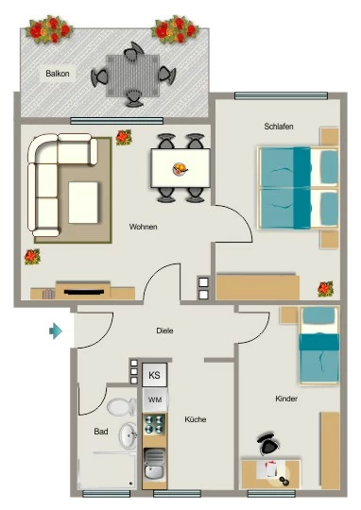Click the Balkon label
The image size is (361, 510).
[58, 74]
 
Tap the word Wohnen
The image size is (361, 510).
[144, 227]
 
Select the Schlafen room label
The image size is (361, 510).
[279, 127]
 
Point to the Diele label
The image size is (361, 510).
[164, 331]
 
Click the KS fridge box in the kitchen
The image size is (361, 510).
[155, 375]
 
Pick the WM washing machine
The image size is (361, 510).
[155, 399]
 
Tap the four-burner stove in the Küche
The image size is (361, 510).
[155, 424]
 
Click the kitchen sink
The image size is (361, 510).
[154, 463]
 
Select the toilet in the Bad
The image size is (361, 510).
[121, 406]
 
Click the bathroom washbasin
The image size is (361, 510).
[128, 435]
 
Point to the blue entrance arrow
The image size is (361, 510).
[56, 331]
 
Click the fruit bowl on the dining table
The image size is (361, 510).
[180, 169]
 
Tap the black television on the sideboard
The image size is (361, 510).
[84, 292]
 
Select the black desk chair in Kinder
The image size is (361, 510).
[267, 444]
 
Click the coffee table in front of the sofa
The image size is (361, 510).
[83, 203]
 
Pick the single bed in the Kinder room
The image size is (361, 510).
[319, 346]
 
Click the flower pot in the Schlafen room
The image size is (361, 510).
[325, 289]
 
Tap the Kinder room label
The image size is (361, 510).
[286, 399]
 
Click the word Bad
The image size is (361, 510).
[101, 432]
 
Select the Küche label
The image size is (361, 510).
[196, 419]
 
